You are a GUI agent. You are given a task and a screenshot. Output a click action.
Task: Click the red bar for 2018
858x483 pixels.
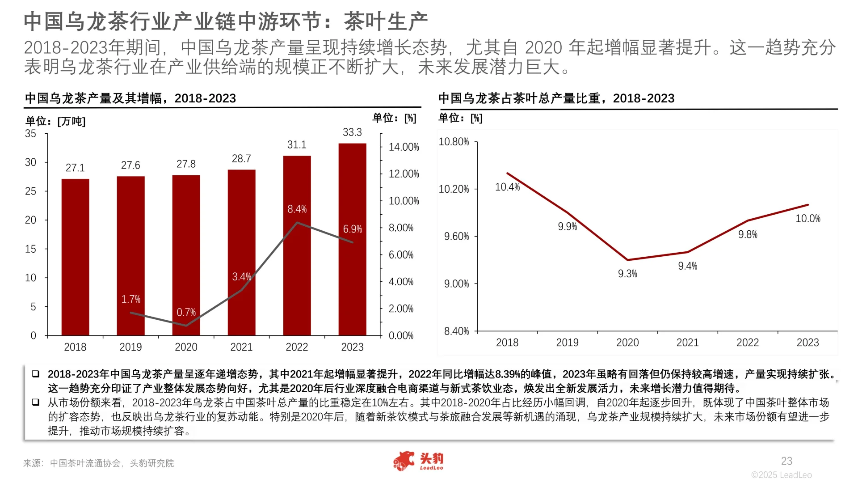75,257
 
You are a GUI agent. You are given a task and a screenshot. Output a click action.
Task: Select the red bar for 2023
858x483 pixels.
352,239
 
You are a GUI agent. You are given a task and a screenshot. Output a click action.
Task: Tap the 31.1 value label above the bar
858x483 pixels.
297,145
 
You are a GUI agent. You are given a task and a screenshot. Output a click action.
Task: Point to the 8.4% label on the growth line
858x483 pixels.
297,209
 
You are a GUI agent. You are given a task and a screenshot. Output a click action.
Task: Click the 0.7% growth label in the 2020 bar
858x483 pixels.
186,312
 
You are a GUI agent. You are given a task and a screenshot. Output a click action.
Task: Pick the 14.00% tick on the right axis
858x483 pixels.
404,147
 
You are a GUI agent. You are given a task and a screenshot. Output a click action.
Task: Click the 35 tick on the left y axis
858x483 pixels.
30,134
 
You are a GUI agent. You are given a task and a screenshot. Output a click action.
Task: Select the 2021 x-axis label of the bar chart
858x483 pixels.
241,347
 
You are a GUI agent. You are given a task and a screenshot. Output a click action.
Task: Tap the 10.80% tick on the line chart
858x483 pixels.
454,142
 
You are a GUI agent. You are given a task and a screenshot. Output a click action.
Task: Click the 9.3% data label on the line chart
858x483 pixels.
627,274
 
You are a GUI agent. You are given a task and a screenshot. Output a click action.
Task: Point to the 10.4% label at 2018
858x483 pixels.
507,187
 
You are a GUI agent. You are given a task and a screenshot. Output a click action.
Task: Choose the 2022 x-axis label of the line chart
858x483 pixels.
747,343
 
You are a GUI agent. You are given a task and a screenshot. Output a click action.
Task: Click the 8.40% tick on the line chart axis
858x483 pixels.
456,331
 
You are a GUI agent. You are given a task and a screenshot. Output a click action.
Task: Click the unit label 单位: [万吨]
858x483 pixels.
55,121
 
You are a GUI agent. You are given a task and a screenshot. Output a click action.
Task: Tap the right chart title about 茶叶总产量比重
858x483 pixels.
556,98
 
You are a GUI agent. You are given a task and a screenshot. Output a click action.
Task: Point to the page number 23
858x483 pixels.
786,461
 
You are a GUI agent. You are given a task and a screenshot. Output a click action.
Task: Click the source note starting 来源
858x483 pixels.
98,463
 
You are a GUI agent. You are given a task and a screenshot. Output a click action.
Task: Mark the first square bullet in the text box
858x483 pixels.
36,374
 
